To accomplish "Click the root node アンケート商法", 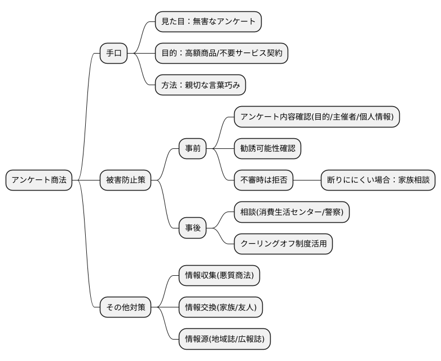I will point(39,180).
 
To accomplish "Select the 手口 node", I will point(113,54).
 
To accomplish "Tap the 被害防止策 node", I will point(125,180).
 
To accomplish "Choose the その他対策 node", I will point(125,307).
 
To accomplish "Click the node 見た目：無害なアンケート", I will point(208,22).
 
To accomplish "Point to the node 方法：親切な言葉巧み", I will point(201,85).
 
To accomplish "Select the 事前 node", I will point(192,149).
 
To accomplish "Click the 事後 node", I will point(192,228).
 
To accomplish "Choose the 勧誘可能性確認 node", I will point(267,149).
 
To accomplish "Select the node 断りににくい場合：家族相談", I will point(378,180).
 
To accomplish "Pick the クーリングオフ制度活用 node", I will point(284,244).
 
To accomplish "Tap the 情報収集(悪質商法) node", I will point(219,276).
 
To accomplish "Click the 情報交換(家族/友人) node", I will point(220,307).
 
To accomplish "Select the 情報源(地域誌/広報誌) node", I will point(224,339).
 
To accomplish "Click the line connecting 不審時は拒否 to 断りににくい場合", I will point(307,180).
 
